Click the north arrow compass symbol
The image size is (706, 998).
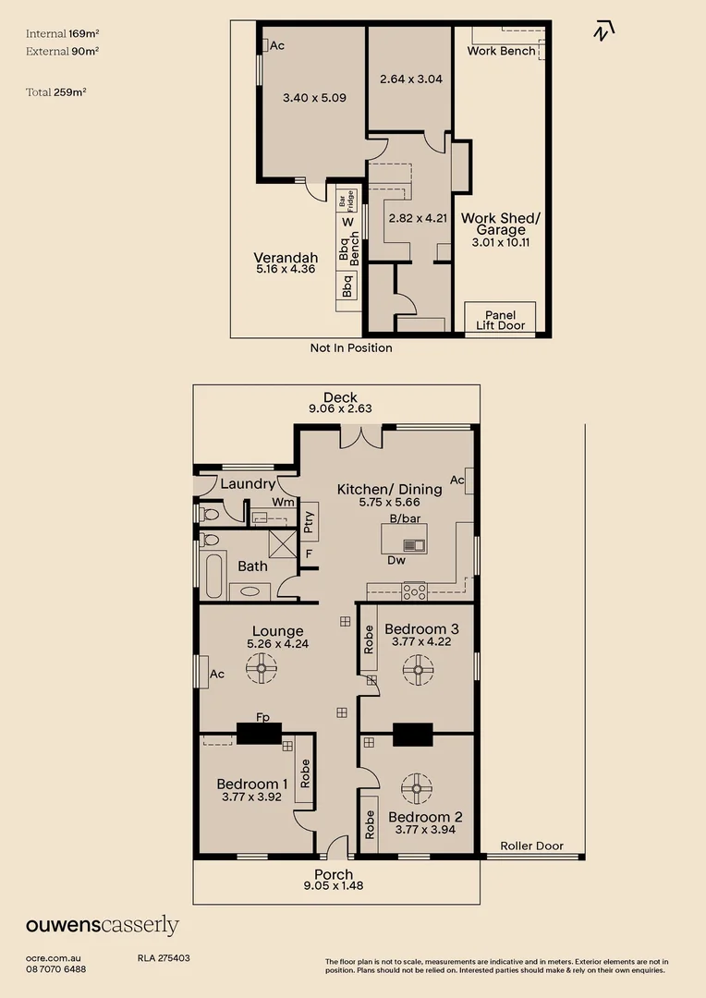pyautogui.click(x=604, y=30)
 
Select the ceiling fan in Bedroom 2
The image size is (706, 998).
pyautogui.click(x=417, y=788)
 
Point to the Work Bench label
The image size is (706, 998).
pyautogui.click(x=501, y=51)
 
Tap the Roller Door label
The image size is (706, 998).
pyautogui.click(x=531, y=846)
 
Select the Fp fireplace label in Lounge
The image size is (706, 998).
pyautogui.click(x=263, y=716)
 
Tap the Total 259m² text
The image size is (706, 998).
pyautogui.click(x=56, y=91)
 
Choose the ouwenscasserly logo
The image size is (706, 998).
pyautogui.click(x=102, y=925)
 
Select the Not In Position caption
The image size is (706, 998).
pyautogui.click(x=351, y=347)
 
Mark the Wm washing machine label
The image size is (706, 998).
pyautogui.click(x=283, y=502)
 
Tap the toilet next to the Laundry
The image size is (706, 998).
pyautogui.click(x=209, y=513)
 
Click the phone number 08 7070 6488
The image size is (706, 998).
pyautogui.click(x=56, y=968)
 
